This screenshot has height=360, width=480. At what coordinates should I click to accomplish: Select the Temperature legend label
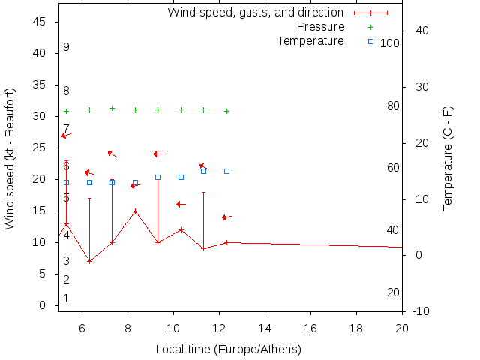point(310,40)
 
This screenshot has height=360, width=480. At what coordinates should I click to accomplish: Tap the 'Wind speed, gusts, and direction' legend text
point(255,13)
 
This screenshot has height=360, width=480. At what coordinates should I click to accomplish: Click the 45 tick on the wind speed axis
point(41,22)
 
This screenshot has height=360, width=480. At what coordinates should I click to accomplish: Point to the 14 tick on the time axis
point(265,327)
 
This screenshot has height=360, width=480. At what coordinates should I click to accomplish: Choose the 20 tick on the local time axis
point(402,327)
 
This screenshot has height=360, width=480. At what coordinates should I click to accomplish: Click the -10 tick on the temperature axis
point(421,311)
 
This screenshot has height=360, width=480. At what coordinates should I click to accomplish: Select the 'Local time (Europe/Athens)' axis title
point(228,349)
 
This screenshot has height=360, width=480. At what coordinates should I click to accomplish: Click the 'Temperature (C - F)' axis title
point(448,158)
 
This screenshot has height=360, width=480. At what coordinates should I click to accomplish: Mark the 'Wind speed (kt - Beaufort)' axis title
point(10,158)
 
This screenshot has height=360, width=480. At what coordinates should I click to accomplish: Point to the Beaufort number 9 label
point(66,47)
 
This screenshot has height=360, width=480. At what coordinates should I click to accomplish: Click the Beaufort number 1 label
point(66,298)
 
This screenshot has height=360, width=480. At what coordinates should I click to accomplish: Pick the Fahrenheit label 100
point(390,43)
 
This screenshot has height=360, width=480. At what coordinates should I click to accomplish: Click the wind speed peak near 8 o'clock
point(135,211)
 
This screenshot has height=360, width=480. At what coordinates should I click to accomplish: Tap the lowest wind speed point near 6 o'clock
point(89,261)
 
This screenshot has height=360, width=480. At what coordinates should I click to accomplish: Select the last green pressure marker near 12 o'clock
point(226,111)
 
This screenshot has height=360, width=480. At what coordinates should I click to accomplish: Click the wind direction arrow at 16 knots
point(181,204)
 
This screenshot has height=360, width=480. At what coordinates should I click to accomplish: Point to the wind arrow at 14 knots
point(226,217)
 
